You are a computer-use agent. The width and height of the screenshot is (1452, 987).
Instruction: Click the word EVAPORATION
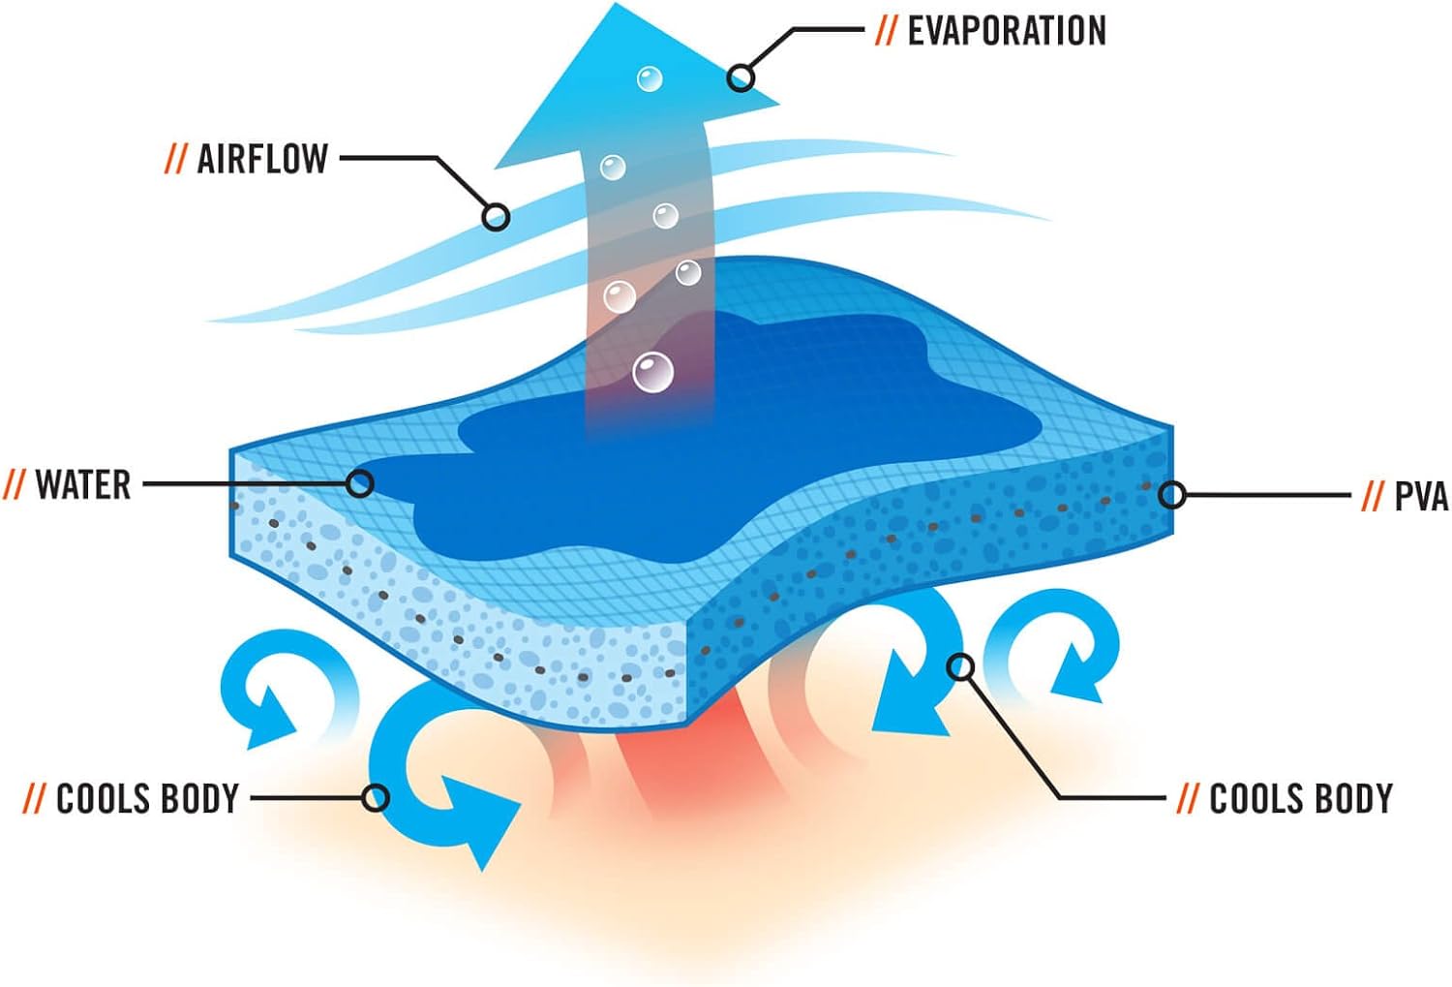coord(1006,31)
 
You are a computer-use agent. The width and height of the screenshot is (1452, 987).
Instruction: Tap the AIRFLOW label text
coord(262,159)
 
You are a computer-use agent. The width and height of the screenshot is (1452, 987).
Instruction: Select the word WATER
coord(83,484)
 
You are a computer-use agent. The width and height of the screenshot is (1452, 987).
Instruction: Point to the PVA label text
coord(1420,497)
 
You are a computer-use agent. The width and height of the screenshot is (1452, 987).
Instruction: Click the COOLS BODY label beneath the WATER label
coord(147,799)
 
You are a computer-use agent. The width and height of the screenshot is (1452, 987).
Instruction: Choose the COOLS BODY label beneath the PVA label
coord(1300,799)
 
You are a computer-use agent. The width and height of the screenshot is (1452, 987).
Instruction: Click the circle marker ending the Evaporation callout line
coord(741,77)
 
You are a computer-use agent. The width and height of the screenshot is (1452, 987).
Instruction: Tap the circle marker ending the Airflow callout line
coord(496,216)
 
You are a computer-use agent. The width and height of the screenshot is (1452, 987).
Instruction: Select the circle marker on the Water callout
coord(360,482)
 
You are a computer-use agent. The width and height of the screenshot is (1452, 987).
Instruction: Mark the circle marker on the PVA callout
coord(1172,495)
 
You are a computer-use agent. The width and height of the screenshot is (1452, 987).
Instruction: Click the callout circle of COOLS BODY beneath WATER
coord(376,798)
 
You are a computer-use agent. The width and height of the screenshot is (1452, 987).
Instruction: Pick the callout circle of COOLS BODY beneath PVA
coord(961,666)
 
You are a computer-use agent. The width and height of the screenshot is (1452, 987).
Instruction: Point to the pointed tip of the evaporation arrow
coord(616,6)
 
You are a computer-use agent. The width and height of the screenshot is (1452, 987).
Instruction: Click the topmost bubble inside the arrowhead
coord(650,78)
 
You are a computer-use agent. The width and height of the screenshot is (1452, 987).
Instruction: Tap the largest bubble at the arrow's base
coord(652,373)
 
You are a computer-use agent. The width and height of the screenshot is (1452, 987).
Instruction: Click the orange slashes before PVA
coord(1372,497)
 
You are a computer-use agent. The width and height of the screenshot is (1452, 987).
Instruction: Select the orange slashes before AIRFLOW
coord(175,159)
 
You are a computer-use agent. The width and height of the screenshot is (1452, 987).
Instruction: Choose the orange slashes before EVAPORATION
coord(885,31)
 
